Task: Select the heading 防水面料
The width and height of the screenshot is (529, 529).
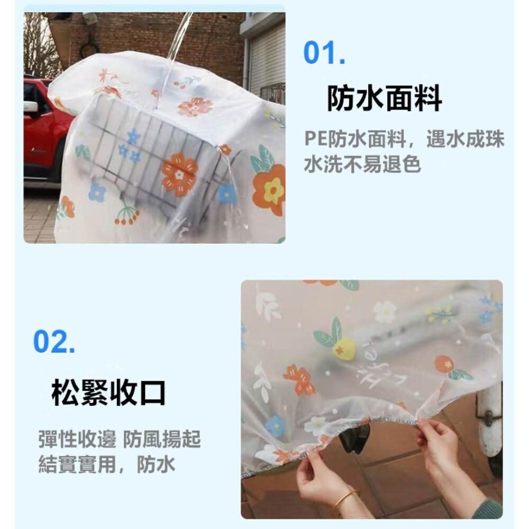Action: click(384, 98)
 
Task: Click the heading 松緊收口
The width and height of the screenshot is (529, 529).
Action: click(108, 393)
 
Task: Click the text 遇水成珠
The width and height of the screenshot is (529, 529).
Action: click(465, 139)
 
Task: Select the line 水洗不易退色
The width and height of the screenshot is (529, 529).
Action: click(362, 165)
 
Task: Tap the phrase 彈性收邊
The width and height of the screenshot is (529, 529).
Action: click(77, 439)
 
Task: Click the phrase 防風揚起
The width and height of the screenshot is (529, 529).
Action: click(162, 439)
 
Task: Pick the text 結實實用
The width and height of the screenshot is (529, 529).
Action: click(77, 464)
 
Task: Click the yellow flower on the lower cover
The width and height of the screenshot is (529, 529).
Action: click(344, 349)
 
